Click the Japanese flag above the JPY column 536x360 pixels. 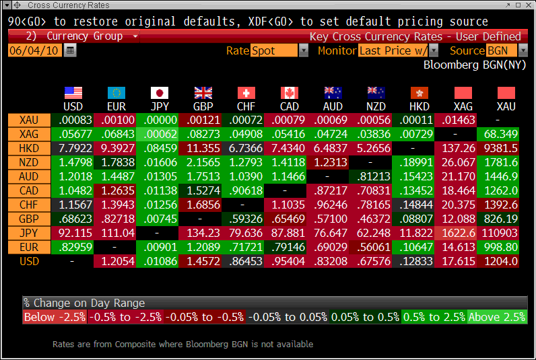[160, 93]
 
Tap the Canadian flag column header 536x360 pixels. [290, 93]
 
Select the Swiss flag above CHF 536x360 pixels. [246, 93]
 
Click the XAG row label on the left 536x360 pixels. [29, 134]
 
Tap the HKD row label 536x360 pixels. [29, 148]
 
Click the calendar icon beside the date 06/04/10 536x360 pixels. [70, 50]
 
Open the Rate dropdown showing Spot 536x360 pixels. [304, 50]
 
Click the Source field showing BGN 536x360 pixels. [501, 50]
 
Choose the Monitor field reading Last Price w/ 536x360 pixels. [394, 50]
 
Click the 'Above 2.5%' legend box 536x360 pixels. [497, 317]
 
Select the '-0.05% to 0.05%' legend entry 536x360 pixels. [288, 317]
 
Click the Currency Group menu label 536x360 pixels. [85, 36]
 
